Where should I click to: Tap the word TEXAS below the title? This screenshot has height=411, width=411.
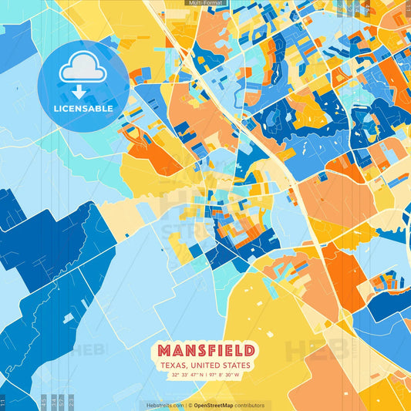pos(173,365)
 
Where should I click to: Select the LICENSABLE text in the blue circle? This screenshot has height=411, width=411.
pos(83,109)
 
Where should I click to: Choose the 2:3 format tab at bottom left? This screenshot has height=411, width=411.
pos(70,402)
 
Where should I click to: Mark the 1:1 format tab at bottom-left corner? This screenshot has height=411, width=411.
pos(3,402)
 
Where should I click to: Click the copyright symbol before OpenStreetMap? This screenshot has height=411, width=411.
pos(190,405)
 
